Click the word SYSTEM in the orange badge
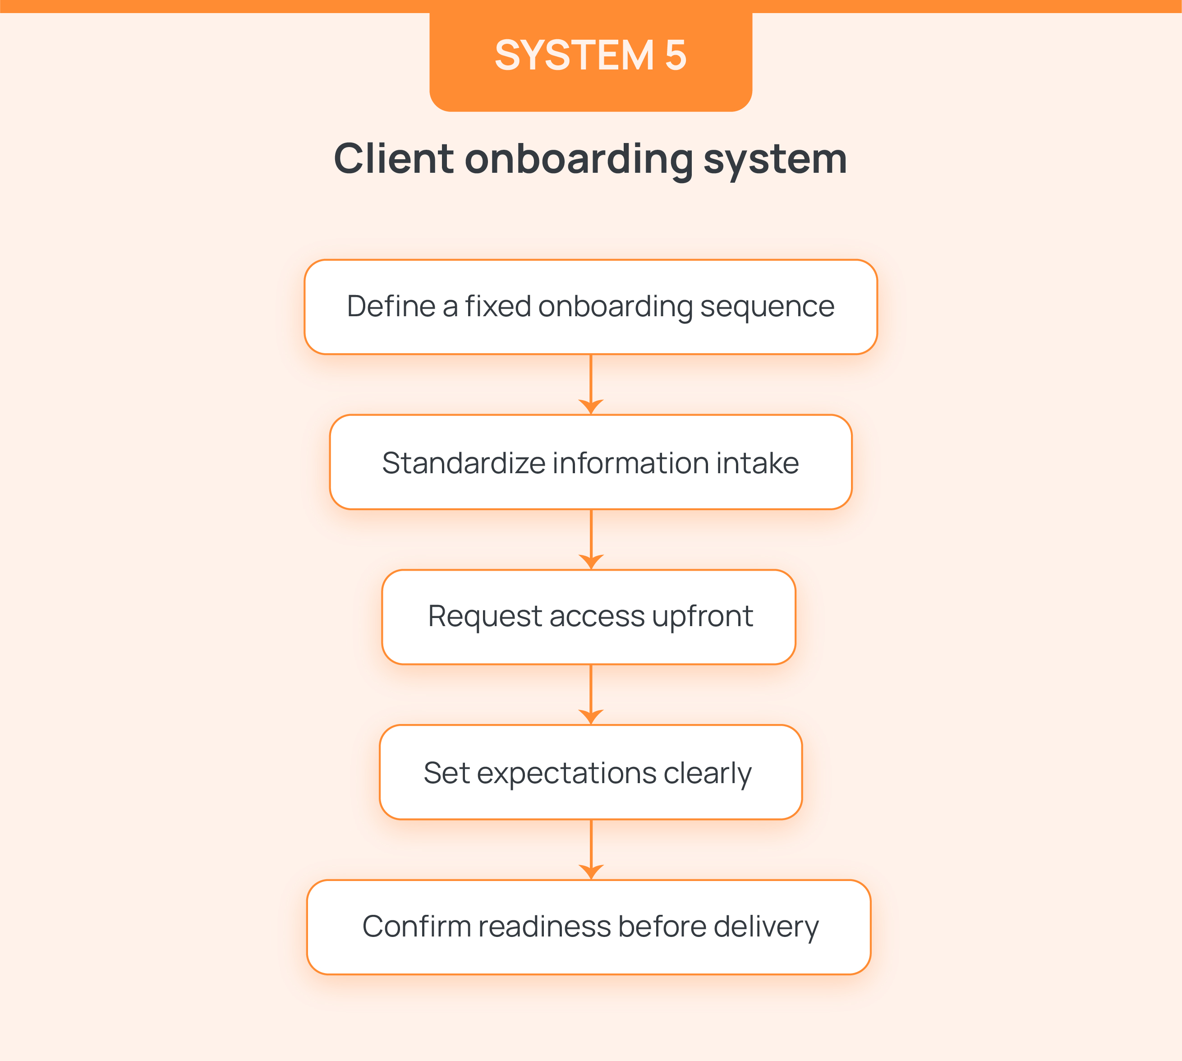click(x=574, y=55)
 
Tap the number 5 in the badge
click(x=676, y=55)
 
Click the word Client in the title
click(x=393, y=159)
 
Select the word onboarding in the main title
click(x=578, y=160)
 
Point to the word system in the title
click(x=775, y=160)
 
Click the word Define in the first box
click(x=391, y=307)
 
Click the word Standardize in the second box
click(x=463, y=463)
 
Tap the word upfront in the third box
click(x=702, y=617)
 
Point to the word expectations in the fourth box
click(x=566, y=774)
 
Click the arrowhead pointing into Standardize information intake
click(x=591, y=406)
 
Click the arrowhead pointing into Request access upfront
click(x=591, y=561)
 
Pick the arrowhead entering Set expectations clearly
click(x=591, y=716)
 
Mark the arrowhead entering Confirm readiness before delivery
click(x=591, y=872)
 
